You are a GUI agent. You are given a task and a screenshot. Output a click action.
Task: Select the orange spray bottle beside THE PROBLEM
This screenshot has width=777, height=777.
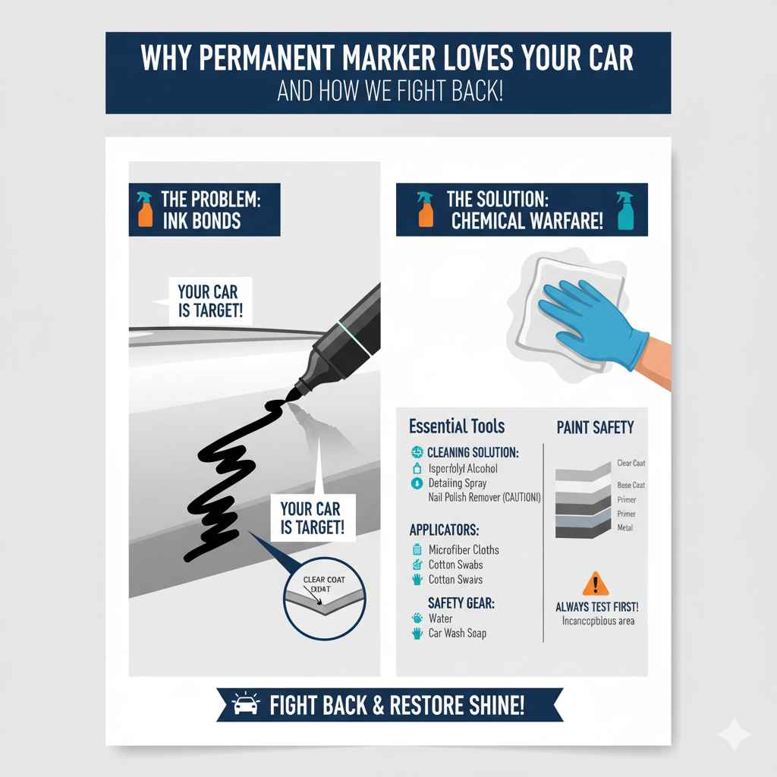pos(144,209)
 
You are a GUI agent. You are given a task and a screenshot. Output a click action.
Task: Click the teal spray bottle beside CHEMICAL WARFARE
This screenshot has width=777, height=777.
pos(625,209)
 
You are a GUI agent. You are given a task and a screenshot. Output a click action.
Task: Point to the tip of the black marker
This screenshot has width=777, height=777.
pos(289,395)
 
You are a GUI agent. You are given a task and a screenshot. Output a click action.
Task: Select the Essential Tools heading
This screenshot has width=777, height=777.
pos(456,426)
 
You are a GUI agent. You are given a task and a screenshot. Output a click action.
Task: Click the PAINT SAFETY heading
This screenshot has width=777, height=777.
pos(596,427)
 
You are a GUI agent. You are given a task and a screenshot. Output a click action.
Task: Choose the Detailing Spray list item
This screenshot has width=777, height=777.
pos(458,483)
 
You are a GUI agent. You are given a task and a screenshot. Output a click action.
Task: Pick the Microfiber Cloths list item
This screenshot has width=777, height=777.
pos(464,549)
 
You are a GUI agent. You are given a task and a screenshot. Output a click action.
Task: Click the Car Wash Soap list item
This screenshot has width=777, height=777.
pos(458,633)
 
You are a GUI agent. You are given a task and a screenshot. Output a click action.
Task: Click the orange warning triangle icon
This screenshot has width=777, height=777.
pos(596,584)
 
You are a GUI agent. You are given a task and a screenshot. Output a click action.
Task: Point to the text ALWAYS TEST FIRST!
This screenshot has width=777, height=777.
pos(597,607)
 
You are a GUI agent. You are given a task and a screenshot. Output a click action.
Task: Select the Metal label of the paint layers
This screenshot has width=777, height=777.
pos(624,527)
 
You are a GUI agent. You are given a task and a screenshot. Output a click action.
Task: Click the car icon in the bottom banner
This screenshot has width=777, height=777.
pos(245,706)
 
